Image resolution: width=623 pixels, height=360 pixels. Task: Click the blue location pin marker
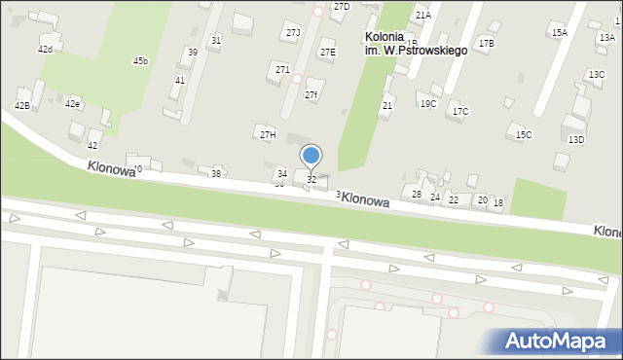point(311,156)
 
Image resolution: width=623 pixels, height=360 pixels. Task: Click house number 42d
point(45,49)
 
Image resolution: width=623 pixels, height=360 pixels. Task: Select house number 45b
point(140,61)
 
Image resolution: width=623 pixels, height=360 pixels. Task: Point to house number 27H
point(267,133)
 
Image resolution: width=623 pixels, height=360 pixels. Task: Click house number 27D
point(341,7)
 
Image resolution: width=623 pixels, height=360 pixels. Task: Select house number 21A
point(422,16)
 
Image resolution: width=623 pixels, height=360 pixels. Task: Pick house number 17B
point(486,43)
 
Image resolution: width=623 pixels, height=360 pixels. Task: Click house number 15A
point(559,32)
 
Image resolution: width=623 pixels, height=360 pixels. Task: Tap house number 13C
point(596,75)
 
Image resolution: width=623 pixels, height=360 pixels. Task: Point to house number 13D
point(576,139)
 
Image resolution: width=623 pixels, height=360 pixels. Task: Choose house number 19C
point(428,103)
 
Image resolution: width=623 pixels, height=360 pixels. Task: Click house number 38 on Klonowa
point(216,173)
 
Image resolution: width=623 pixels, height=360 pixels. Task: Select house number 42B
point(21,105)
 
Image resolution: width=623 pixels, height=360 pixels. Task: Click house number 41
point(179,81)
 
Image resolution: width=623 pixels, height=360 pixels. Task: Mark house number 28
point(417,195)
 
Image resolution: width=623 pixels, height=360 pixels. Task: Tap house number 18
point(498,202)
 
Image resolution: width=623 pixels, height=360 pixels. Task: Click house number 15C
point(524,134)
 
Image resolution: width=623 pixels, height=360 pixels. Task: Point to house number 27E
point(328,53)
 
